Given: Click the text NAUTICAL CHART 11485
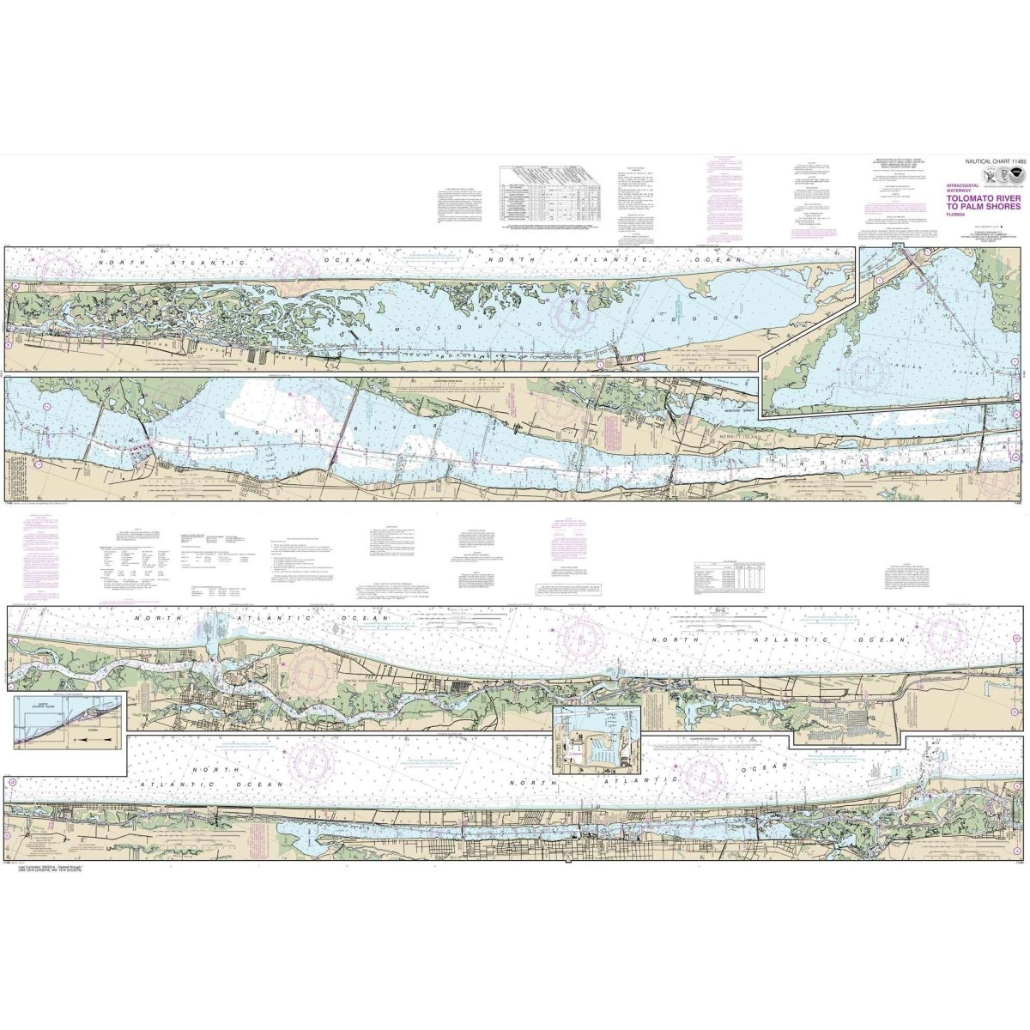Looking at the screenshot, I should [978, 161].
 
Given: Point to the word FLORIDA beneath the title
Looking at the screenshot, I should [954, 214].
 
